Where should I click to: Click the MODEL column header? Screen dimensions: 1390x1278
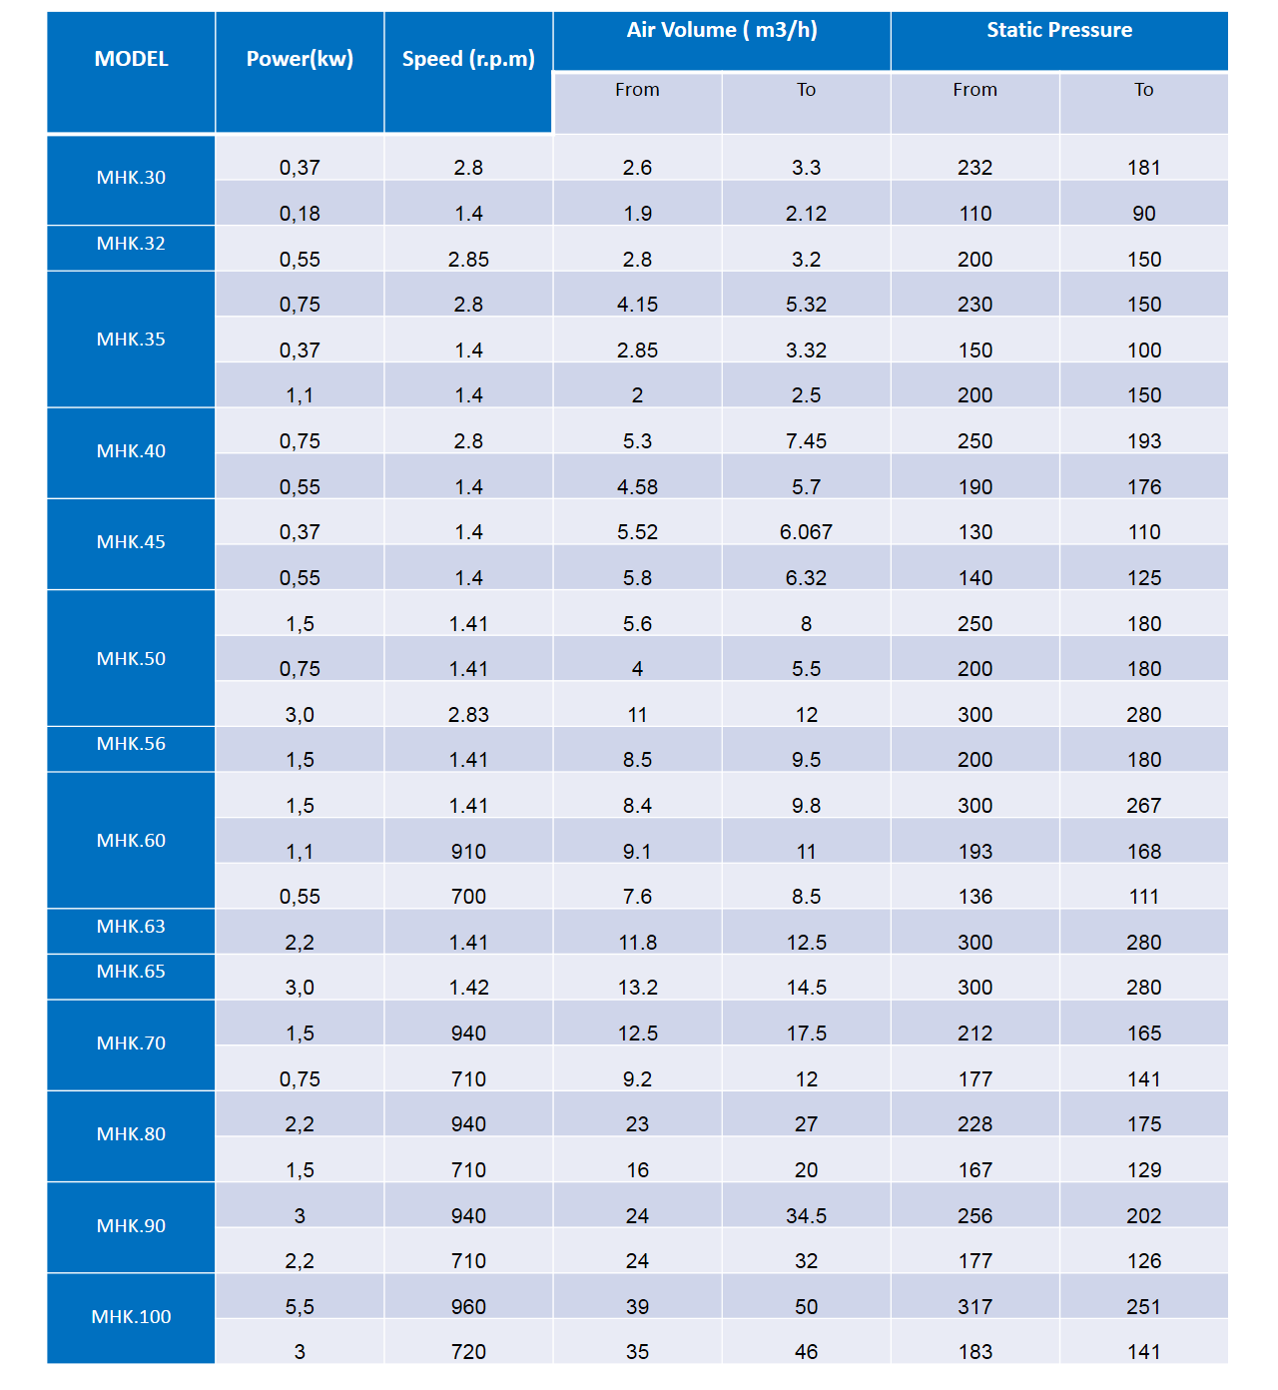point(131,59)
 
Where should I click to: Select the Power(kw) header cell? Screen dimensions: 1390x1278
point(300,59)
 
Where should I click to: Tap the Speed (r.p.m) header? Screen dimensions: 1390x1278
point(468,59)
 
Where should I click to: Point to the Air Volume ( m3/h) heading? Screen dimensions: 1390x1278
point(722,30)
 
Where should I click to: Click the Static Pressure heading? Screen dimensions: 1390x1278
point(1059,30)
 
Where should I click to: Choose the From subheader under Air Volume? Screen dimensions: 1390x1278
point(637,90)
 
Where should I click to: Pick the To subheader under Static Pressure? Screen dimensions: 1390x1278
point(1143,90)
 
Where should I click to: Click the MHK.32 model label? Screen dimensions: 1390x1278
point(131,244)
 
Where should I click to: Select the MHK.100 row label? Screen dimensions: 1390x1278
point(131,1317)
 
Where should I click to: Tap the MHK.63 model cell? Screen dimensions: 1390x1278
point(131,927)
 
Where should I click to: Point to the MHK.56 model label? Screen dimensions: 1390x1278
point(131,744)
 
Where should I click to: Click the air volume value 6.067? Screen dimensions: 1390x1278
point(806,532)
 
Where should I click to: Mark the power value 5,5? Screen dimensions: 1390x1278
point(300,1307)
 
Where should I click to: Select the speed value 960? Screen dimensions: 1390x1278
point(468,1307)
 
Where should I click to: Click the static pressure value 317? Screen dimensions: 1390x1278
point(974,1307)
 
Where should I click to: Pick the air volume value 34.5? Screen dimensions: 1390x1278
point(806,1216)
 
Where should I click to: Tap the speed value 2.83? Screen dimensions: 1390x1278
point(468,715)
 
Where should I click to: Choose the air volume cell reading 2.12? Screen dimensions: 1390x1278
point(806,214)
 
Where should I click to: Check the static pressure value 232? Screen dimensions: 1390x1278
point(974,168)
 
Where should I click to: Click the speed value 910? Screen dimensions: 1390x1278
point(468,852)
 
